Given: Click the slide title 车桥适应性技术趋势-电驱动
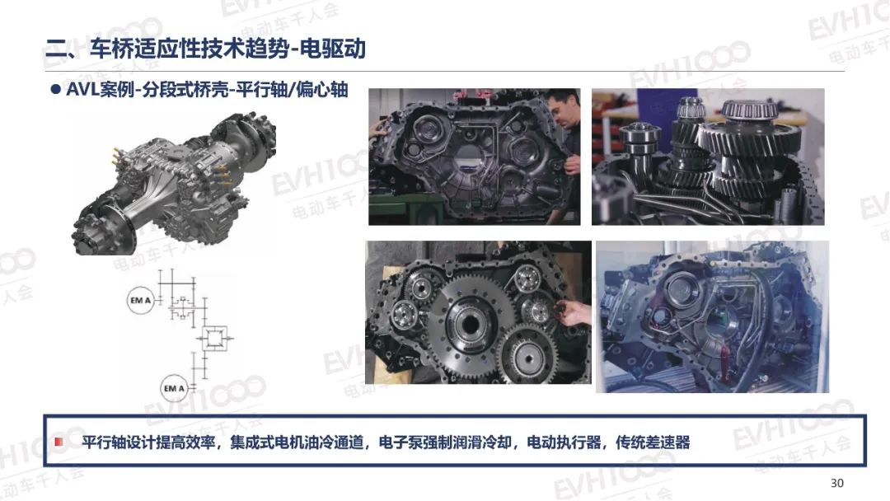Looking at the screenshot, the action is (x=227, y=49).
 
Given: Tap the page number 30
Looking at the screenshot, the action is (x=836, y=483).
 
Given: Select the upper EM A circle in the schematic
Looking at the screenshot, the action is (x=140, y=300).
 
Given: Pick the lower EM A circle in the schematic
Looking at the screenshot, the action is (x=174, y=388).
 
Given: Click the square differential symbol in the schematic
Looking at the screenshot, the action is (x=214, y=339).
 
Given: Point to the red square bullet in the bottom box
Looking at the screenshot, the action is (x=59, y=442).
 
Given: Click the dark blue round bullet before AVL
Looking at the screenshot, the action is (x=56, y=89).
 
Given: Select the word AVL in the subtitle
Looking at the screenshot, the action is (x=82, y=90).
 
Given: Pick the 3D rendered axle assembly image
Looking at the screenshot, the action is (x=174, y=185).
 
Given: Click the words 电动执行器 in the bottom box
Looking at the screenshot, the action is (x=564, y=442).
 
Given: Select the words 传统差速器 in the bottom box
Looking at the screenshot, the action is (x=653, y=442).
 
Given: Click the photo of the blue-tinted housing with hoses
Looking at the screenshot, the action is (x=712, y=316).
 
